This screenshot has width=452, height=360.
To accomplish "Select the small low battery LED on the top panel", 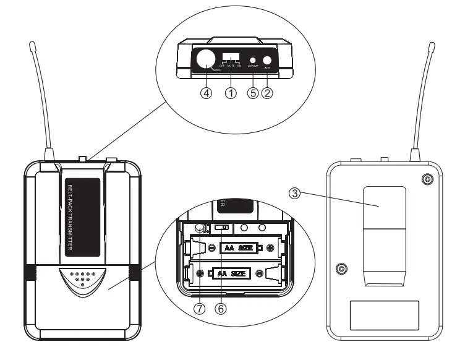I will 252,59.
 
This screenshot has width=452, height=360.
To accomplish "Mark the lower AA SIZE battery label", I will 232,273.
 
